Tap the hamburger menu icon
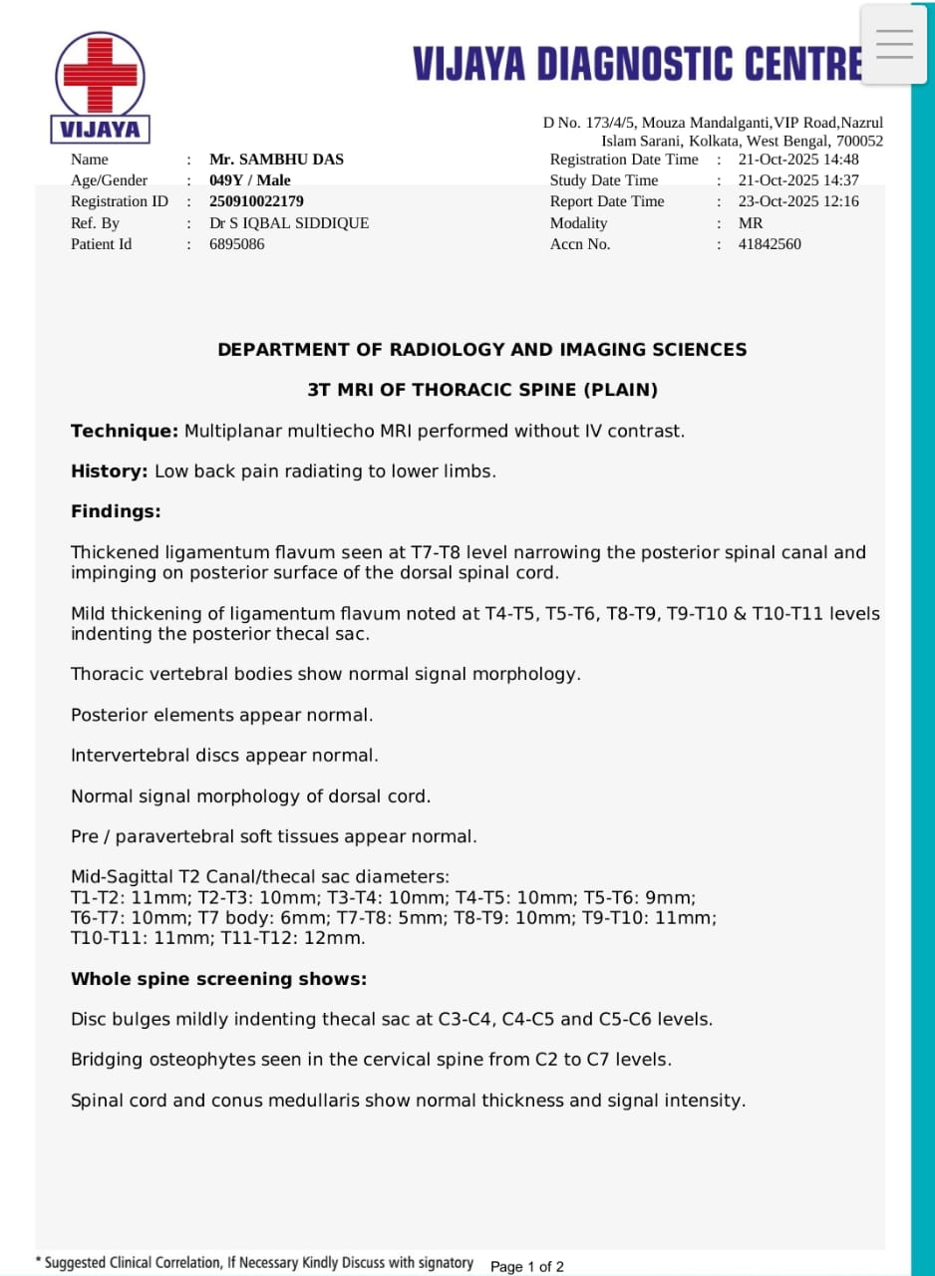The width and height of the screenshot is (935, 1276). (894, 44)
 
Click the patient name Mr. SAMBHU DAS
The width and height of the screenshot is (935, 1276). (276, 159)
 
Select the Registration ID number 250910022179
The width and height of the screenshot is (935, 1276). (256, 201)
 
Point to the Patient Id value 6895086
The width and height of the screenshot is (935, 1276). (237, 244)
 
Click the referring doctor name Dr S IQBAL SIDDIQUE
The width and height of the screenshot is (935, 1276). (289, 223)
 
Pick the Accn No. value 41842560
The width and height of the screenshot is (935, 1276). (770, 244)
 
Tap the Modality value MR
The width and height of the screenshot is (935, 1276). (751, 223)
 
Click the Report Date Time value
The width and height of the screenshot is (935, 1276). (798, 201)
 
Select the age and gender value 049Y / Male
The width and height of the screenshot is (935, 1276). (250, 180)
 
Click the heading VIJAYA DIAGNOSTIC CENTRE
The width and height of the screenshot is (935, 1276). (638, 64)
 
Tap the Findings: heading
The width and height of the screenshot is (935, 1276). (116, 511)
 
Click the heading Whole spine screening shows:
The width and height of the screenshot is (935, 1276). (218, 979)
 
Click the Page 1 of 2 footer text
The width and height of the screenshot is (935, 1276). (527, 1267)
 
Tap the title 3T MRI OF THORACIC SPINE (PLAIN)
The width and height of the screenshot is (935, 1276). (482, 390)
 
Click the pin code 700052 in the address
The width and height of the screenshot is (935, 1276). (859, 142)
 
